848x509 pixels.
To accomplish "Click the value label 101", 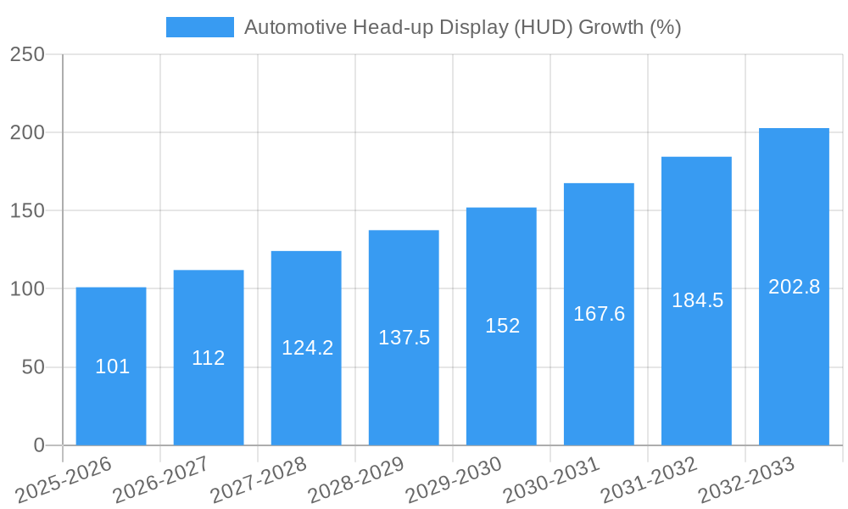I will [112, 366].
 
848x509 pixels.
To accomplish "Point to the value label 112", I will [209, 358].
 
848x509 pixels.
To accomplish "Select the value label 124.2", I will [307, 348].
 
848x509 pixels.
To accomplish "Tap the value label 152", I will [502, 326].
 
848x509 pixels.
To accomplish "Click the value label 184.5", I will [697, 300].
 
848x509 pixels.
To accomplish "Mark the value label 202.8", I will [794, 287].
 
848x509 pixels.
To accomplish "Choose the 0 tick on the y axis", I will [38, 445].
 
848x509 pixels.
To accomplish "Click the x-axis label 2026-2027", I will [161, 480].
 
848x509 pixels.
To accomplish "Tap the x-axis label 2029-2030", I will [454, 480].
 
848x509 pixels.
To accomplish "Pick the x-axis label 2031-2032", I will [649, 480].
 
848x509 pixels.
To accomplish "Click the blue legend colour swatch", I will [200, 27].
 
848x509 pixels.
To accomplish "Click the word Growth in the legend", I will [611, 27].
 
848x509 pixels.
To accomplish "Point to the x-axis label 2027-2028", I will [259, 480].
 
